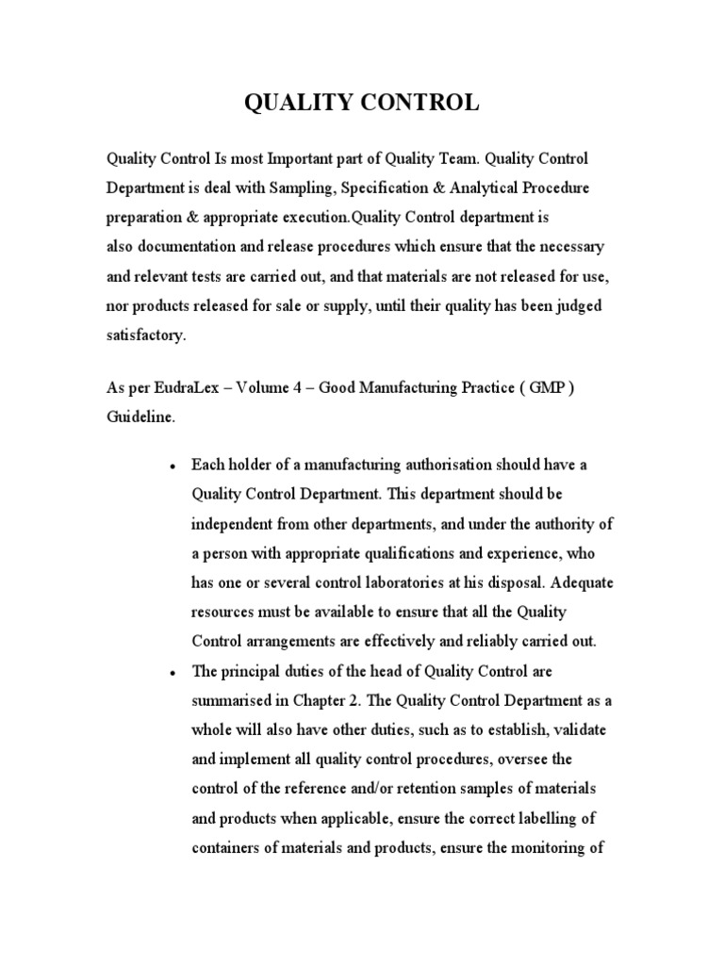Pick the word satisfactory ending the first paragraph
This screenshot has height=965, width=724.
click(145, 335)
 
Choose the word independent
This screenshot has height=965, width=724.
click(238, 523)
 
